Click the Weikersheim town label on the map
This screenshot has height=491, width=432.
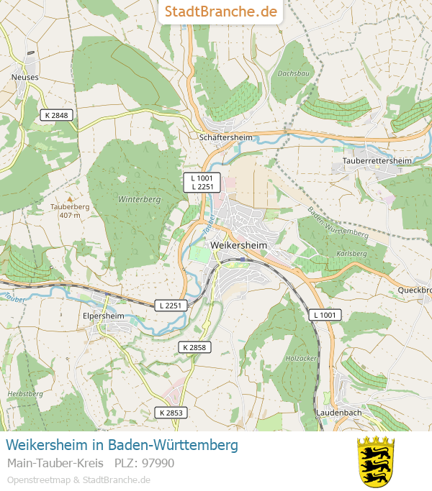tap(240, 245)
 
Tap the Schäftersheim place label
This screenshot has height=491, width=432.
tap(225, 137)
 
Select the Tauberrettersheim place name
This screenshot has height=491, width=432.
tap(377, 160)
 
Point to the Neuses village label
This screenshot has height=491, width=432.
tap(25, 77)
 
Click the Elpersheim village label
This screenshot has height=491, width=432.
tap(104, 316)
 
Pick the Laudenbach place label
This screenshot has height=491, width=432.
tap(338, 413)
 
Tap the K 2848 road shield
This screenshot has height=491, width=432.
tap(55, 115)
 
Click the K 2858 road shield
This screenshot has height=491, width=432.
tap(194, 347)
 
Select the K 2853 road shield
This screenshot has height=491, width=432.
tap(170, 413)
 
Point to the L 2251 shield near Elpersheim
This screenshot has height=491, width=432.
tap(171, 306)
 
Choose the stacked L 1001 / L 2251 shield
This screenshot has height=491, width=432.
tap(202, 183)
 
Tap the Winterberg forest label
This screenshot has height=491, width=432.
tap(138, 199)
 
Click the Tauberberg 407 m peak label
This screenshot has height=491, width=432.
tap(70, 210)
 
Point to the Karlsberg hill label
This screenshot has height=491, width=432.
tap(351, 254)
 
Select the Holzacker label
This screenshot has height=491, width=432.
tap(301, 357)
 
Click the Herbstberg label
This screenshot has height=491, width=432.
tap(21, 394)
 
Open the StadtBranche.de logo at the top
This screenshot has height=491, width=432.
tap(220, 12)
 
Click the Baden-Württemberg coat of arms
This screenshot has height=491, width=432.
tap(376, 461)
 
